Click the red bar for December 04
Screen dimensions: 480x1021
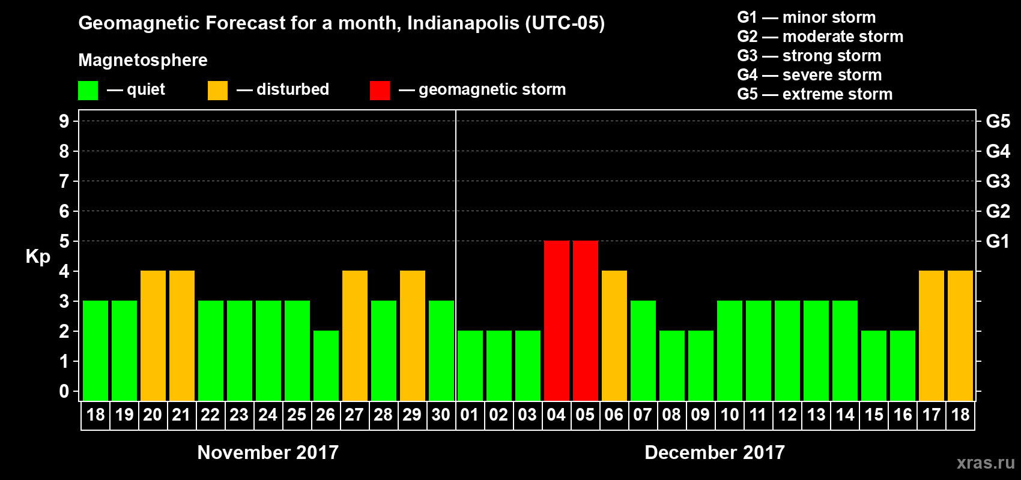557,320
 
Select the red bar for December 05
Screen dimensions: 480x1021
586,320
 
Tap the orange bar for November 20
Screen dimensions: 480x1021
153,335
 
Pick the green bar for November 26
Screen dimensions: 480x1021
326,365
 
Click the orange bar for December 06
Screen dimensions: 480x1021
614,335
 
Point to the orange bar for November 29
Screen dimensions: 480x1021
413,335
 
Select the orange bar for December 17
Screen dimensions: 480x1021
932,335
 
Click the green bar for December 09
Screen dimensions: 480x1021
701,365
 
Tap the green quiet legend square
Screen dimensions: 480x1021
88,91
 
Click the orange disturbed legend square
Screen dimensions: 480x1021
217,91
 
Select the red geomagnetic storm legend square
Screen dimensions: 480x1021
380,91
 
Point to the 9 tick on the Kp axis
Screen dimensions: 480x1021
64,121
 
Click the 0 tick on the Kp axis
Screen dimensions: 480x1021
64,391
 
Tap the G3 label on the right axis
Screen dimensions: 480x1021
998,181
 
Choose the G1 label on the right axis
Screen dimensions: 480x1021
998,241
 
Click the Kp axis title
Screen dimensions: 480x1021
38,257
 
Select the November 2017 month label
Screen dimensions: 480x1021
268,452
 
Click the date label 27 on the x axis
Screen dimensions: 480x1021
354,415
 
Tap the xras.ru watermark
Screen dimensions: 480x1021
986,463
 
